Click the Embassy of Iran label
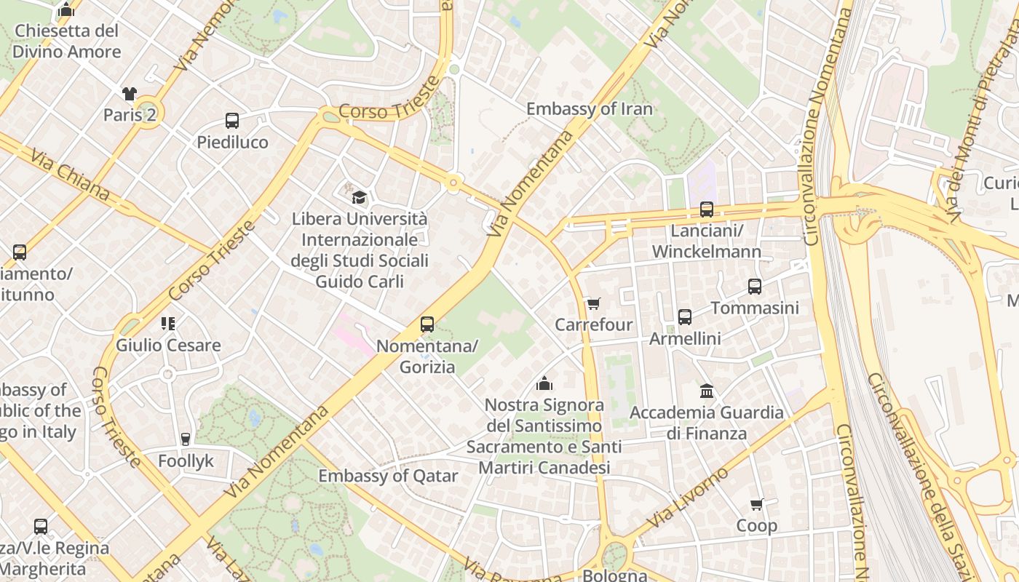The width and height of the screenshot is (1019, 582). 589,109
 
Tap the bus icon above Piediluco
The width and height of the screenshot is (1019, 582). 232,121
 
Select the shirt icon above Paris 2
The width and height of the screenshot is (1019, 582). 129,94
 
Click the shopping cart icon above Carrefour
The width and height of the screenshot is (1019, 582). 594,303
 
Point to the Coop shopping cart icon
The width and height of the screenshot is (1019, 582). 757,504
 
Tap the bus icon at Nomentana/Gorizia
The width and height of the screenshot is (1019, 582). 427,324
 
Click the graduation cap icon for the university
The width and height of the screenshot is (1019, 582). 359,197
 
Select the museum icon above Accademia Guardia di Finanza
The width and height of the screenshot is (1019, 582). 706,391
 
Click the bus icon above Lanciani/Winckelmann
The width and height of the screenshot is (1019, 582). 706,210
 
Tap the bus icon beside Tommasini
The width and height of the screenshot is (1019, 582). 755,287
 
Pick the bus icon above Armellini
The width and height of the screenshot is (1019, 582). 685,317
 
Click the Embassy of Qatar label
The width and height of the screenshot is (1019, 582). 388,477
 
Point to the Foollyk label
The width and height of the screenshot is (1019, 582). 186,461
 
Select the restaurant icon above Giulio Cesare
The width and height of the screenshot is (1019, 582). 168,323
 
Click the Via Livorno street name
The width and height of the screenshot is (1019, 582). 687,498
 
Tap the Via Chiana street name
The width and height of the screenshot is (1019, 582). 70,175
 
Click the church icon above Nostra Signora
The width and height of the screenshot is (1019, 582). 544,383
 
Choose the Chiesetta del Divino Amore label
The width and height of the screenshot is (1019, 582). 66,41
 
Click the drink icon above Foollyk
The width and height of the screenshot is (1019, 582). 186,439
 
